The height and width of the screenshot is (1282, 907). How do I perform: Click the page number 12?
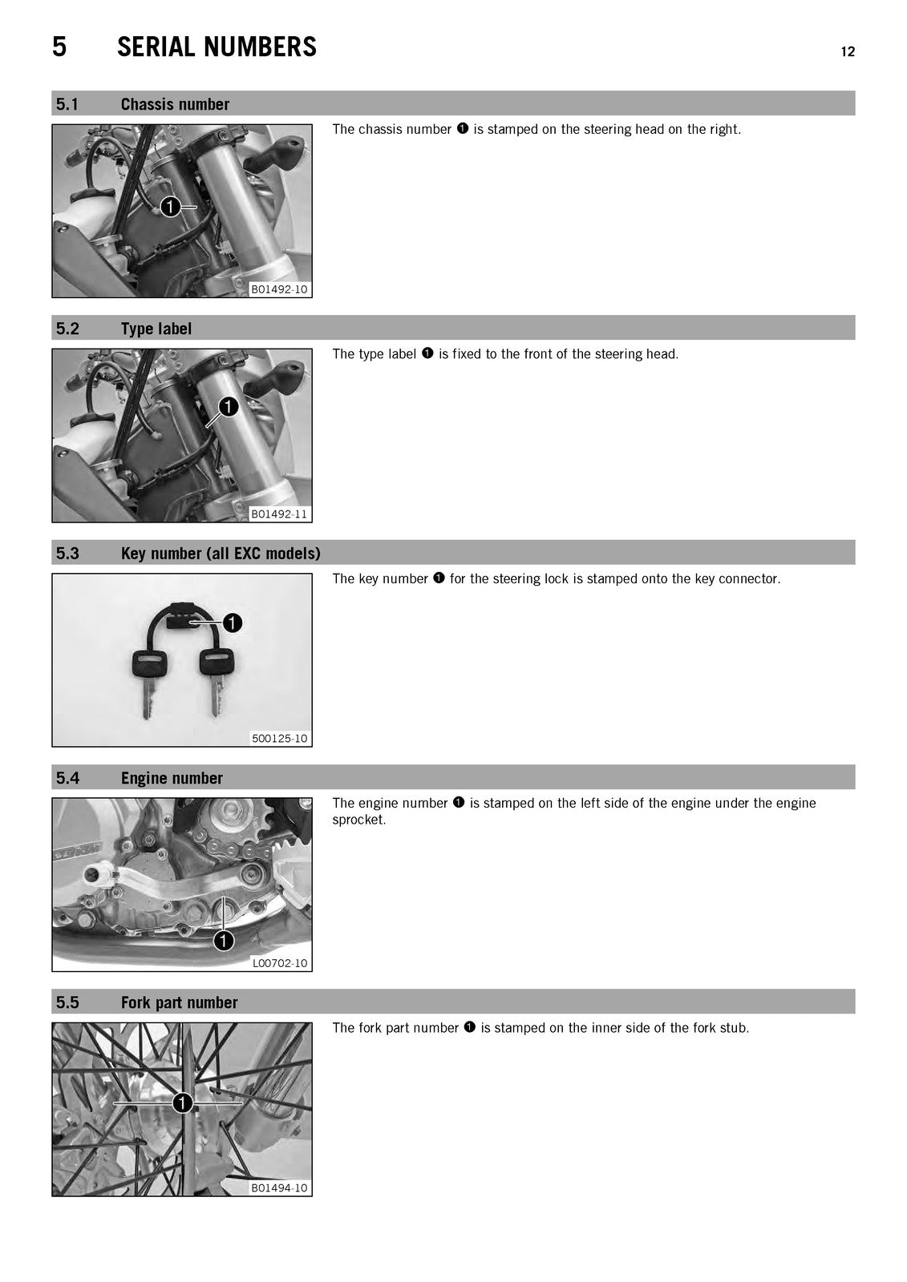(x=848, y=51)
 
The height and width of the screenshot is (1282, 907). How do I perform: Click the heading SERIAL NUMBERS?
(x=217, y=47)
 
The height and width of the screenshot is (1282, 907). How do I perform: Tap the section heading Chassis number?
(x=175, y=104)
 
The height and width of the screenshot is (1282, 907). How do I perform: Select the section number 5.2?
(x=67, y=329)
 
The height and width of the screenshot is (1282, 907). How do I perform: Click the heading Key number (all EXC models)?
(x=221, y=554)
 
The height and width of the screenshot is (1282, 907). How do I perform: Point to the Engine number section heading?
(x=172, y=778)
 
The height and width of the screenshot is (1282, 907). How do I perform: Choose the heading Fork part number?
(x=180, y=1002)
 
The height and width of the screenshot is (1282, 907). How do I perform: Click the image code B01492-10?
(x=280, y=289)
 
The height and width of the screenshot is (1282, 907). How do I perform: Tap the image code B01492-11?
(x=280, y=514)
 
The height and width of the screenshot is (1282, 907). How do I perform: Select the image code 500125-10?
(x=280, y=738)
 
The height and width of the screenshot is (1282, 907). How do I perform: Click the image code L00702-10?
(x=280, y=963)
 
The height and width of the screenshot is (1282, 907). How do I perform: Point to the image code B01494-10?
(x=280, y=1187)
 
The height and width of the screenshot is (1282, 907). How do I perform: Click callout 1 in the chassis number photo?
(x=170, y=207)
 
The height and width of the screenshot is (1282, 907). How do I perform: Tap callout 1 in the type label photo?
(x=228, y=407)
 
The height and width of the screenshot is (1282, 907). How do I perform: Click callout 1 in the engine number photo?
(x=224, y=941)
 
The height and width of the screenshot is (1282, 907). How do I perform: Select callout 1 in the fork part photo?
(x=182, y=1103)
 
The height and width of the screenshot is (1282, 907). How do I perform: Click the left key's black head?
(x=150, y=664)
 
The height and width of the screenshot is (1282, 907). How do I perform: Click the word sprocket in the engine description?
(x=358, y=820)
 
